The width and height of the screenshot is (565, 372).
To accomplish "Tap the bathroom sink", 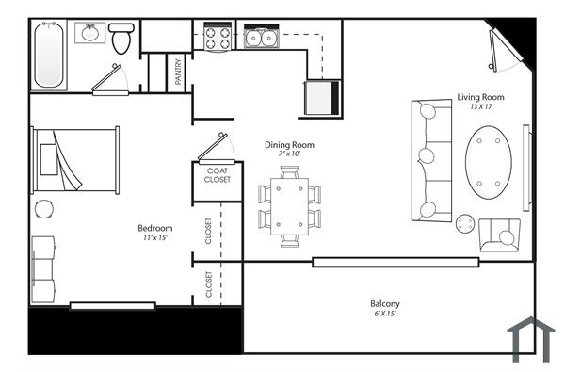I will [90, 35].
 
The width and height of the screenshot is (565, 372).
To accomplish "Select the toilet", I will [121, 40].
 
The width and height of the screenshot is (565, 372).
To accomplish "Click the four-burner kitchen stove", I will [218, 38].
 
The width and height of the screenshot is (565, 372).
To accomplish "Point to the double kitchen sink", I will [260, 38].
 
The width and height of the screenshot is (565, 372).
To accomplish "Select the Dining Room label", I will [289, 145].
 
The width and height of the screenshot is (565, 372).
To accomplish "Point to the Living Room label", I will [480, 97].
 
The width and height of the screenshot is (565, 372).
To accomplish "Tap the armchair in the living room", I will [499, 235].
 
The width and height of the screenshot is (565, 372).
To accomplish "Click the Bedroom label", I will [155, 228].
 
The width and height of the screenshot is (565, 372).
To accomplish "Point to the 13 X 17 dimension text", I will [481, 107].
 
